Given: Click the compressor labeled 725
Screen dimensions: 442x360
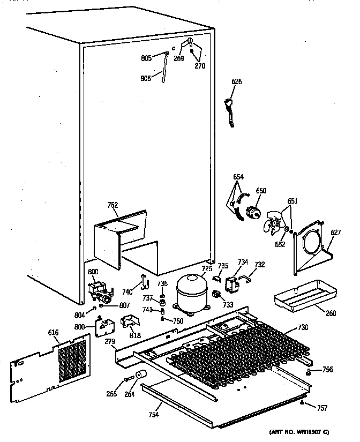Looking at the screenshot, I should pos(191,293).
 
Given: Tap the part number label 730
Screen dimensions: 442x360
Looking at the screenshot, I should pos(303,327).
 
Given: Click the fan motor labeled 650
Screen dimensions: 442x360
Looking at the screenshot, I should pos(252,210).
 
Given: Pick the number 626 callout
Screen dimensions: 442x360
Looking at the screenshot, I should pos(236,82).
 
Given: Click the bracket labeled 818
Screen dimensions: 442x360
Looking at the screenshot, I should pos(130,324).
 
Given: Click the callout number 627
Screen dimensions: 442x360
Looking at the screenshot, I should pos(335,233).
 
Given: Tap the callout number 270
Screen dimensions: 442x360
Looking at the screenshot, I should pos(199,66).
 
